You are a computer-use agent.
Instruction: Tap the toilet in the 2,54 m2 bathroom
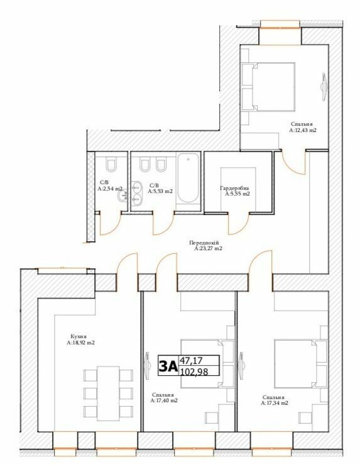point(112,165)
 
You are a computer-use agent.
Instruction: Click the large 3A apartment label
point(168,366)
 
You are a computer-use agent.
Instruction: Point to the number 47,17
point(191,360)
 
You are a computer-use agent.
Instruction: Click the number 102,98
point(194,371)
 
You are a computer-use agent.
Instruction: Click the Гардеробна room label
point(235,188)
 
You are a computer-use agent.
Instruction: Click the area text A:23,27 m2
point(209,249)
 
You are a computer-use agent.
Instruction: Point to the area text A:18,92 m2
point(81,343)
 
